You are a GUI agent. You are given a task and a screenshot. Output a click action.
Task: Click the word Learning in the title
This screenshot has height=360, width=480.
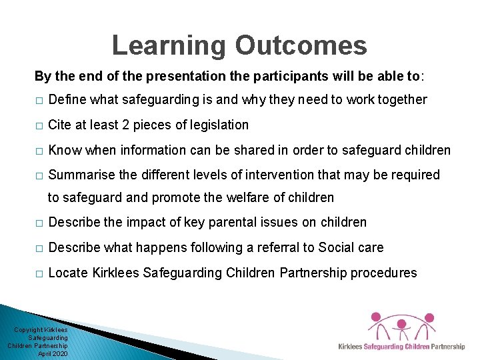[x=169, y=46]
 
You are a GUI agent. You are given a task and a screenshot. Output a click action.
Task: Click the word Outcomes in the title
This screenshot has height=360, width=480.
[x=301, y=46]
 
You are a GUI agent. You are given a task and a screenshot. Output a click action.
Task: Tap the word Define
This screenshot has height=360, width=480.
[x=68, y=100]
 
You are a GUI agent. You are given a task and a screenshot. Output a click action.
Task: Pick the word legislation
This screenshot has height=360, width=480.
[x=215, y=125]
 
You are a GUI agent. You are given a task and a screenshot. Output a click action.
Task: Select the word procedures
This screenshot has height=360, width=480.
[x=385, y=273]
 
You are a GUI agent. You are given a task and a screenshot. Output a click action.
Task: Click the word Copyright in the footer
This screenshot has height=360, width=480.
[x=29, y=330]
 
